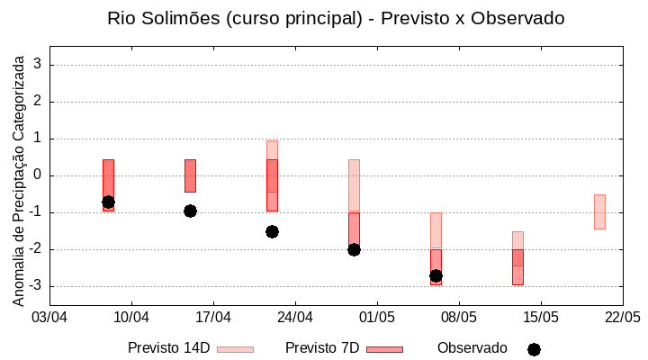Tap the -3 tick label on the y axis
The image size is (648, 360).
point(36,286)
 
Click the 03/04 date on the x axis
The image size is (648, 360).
point(49,318)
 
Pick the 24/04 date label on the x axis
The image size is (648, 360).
point(295,318)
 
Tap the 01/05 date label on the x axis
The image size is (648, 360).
point(377,318)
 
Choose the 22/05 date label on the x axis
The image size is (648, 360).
point(623,318)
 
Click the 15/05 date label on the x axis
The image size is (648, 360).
point(541,318)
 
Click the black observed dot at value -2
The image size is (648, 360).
point(354,249)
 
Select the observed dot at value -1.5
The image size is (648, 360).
point(272,231)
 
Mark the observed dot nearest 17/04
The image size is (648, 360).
point(190,211)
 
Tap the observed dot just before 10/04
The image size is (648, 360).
point(108,202)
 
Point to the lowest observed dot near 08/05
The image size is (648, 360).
point(436,275)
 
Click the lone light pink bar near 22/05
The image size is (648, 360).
point(599,211)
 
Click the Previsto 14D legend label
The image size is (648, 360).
point(168,348)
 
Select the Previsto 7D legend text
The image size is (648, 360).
point(322,348)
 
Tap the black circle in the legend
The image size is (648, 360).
point(534,349)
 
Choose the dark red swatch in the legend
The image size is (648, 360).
point(384,349)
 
